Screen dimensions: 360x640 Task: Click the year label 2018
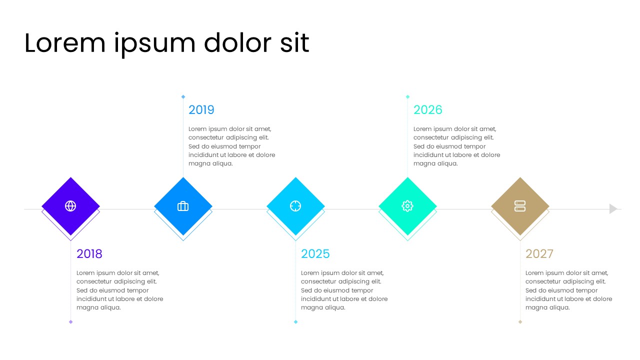click(89, 254)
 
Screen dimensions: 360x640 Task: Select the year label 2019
click(201, 110)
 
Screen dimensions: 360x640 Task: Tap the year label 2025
click(315, 254)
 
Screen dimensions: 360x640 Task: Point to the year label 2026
click(427, 110)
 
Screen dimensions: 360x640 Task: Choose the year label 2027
click(539, 254)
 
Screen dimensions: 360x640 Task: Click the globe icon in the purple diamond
click(70, 206)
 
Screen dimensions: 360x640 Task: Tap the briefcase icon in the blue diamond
click(183, 206)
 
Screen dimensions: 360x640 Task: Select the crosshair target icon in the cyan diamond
click(295, 206)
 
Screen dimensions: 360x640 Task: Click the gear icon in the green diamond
click(407, 206)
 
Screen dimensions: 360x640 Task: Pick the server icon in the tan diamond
click(520, 206)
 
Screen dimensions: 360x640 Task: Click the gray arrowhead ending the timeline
click(613, 209)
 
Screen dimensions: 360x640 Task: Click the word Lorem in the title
click(65, 43)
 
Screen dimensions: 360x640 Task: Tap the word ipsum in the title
click(155, 44)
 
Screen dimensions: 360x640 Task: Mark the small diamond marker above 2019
click(183, 97)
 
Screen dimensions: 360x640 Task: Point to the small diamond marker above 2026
click(407, 97)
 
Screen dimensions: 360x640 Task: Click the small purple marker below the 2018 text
click(70, 321)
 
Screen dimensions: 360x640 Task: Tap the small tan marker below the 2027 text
click(520, 321)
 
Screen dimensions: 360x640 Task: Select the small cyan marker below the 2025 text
click(295, 321)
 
